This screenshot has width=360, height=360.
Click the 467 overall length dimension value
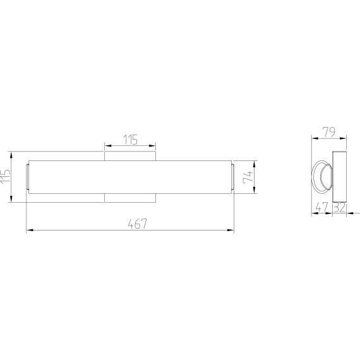pos(137,224)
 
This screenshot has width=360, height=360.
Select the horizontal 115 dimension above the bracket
pos(130,140)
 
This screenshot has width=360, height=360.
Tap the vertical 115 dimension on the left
pos(5,176)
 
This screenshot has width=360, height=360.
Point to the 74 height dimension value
pos(248,177)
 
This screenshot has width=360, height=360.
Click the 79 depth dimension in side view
pos(329,132)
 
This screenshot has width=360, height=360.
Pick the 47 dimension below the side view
pos(322,207)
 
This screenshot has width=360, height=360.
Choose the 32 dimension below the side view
pos(339,207)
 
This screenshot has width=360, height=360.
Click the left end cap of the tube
pos(27,177)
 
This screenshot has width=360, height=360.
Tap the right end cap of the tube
pos(233,177)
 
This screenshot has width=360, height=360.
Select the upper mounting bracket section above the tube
pos(130,156)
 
